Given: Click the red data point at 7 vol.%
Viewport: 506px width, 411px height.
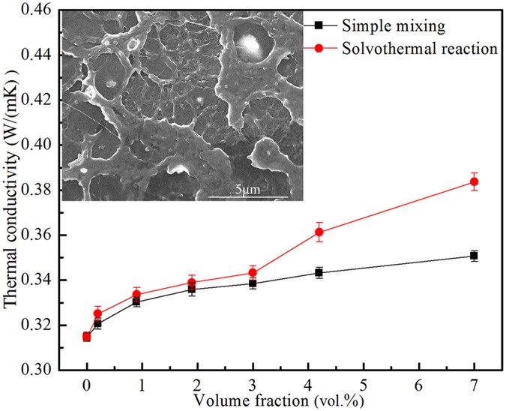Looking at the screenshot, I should [474, 181].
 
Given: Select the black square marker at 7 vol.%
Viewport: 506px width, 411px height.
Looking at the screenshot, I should [474, 256].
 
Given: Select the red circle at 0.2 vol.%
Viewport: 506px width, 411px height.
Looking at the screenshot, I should [97, 313].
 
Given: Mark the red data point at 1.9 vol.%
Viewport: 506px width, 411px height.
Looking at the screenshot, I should [192, 283].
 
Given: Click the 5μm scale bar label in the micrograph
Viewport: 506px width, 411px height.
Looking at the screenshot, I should [247, 190].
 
